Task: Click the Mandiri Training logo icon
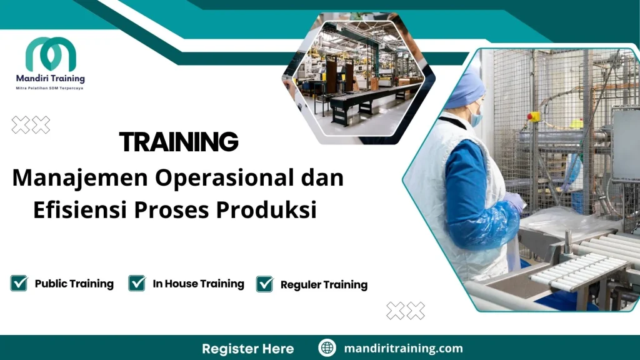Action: (51, 54)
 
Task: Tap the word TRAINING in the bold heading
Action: (179, 142)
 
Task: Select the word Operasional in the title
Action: (224, 179)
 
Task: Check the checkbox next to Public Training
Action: (19, 283)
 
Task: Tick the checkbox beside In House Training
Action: (137, 283)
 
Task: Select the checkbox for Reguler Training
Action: (265, 284)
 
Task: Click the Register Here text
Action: (247, 348)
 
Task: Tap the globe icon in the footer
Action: (327, 348)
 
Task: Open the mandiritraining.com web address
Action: (403, 348)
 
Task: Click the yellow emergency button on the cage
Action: (533, 116)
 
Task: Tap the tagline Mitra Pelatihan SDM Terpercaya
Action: (50, 88)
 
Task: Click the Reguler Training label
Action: (324, 285)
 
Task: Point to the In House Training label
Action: (198, 284)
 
